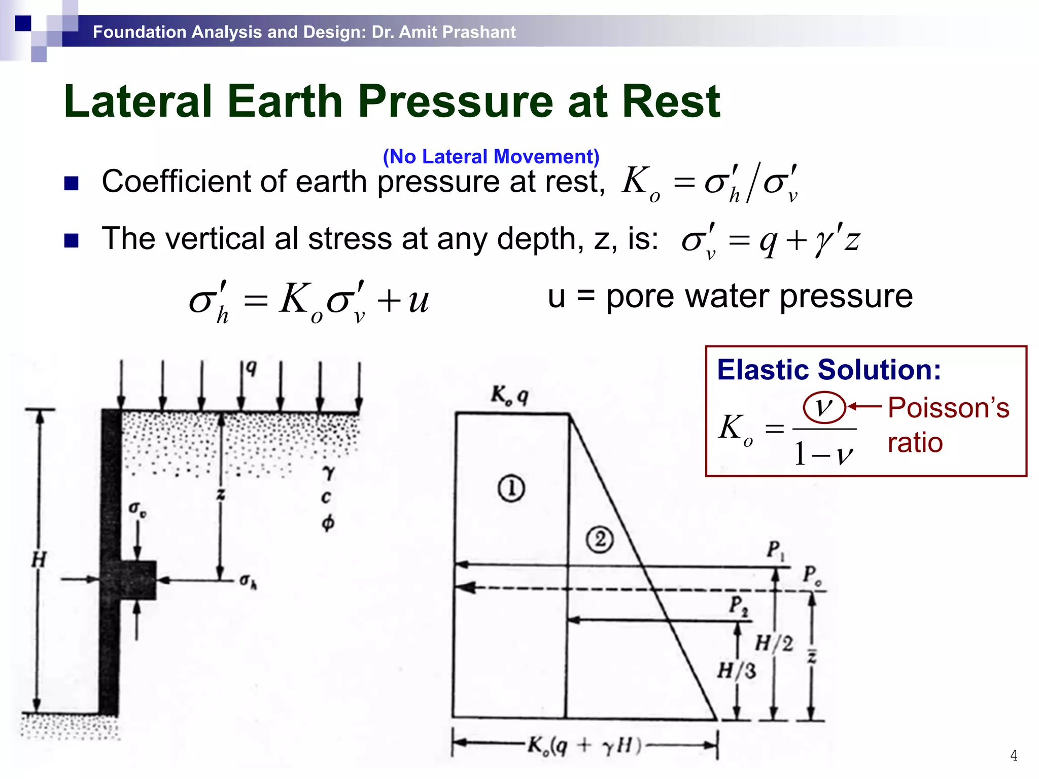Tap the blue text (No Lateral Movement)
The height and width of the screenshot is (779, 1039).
coord(491,157)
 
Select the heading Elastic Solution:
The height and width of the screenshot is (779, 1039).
coord(828,369)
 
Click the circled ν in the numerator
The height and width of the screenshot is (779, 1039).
coord(824,407)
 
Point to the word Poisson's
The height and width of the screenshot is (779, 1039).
coord(948,408)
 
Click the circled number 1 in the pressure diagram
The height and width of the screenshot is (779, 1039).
coord(511,489)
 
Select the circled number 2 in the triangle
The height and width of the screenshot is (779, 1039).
coord(600,540)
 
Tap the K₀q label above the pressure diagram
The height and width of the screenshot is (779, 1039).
coord(509,395)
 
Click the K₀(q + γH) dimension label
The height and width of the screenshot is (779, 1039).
coord(584,746)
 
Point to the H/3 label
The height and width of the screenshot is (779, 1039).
coord(736,671)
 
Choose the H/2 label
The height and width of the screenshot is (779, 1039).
coord(774,644)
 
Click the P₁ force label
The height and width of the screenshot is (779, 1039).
coord(775,550)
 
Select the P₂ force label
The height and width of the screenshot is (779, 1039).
coord(738,606)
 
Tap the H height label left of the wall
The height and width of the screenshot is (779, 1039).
coord(39,560)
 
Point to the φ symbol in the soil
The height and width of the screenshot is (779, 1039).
coord(328,522)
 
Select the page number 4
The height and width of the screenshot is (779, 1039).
coord(1013,756)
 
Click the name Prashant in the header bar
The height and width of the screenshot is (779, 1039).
coord(479,32)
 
